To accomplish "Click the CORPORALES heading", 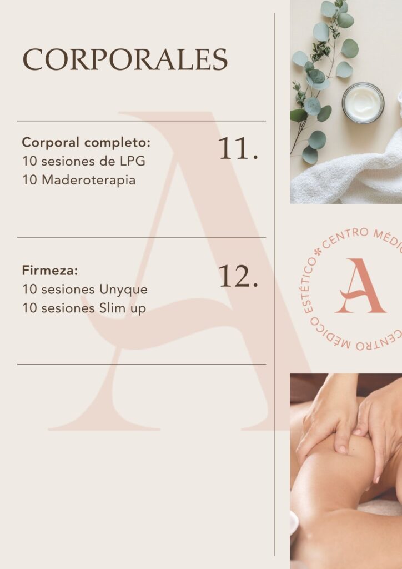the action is pos(125,59).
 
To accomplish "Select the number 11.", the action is pos(238,148).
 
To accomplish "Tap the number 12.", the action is pos(238,276).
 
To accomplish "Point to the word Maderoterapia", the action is pos(89,180).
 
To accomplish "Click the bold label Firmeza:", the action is pos(50,271).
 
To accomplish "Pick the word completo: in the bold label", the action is pos(117,143).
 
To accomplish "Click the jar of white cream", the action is pos(363,103).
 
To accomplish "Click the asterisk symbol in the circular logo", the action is pos(318,252).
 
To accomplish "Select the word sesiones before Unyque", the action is pos(68,290).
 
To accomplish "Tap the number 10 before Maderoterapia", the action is pos(30,180).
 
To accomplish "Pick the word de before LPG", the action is pos(108,161).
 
